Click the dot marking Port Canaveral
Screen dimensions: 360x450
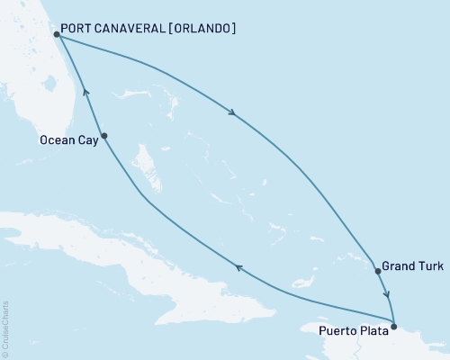pos(56,35)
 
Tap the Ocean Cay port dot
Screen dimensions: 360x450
pos(104,136)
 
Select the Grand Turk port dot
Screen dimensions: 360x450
pos(377,270)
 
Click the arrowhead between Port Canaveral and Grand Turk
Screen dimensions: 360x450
pos(233,113)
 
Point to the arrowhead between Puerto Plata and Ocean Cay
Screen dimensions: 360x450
pos(238,266)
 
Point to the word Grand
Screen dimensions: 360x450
pos(398,266)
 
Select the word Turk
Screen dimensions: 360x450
pos(428,266)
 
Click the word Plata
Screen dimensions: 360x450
pos(373,330)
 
